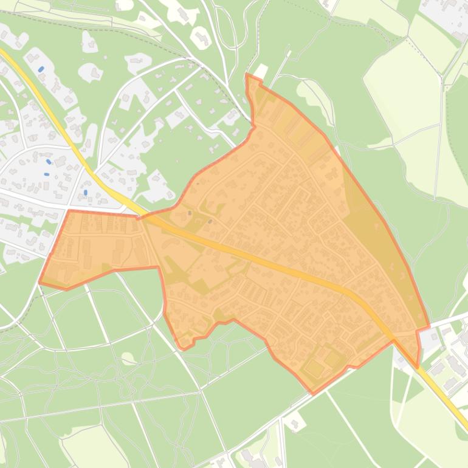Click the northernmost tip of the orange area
pos(247,75)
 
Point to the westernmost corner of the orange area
pos(40,283)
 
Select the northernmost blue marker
pos(41,69)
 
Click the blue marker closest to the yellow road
pos(85,193)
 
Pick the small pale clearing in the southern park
pos(127,358)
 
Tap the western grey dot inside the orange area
pos(190,213)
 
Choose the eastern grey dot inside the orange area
pos(210,221)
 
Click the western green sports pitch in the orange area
pos(314,367)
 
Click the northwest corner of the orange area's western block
pos(69,211)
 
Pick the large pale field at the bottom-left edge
pos(91,447)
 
